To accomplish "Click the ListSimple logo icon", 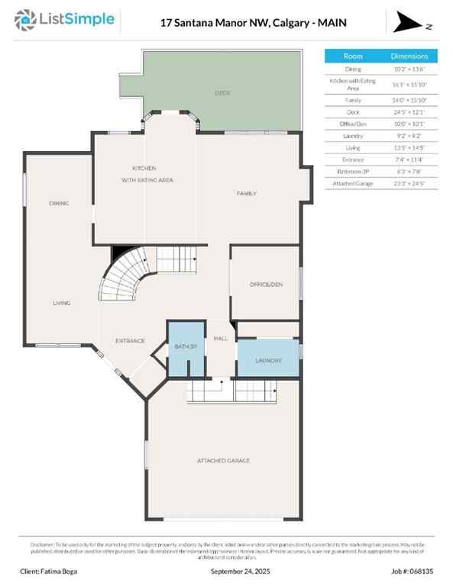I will tap(27, 21).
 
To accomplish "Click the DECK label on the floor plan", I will tap(222, 93).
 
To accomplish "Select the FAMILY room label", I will tap(246, 194).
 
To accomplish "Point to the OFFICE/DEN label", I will tap(266, 285).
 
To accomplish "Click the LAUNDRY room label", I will tap(268, 360).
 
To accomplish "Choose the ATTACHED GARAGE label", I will tap(223, 461).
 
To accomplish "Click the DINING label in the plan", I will tap(59, 204).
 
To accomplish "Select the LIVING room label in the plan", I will tap(61, 304).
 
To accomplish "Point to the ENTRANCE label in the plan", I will tap(130, 340).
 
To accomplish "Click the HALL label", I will tap(221, 338).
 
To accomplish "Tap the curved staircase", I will tap(122, 277).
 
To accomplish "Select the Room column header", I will tap(353, 56).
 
